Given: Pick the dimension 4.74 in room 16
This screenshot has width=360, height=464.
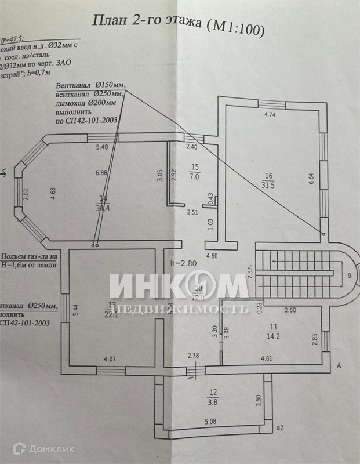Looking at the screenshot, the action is (x=270, y=115).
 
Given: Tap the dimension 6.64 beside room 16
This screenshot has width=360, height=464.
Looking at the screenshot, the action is (x=311, y=179).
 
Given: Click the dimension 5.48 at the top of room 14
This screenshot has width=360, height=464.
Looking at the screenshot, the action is (x=102, y=147).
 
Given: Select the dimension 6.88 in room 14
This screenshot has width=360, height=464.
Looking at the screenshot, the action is (x=102, y=173).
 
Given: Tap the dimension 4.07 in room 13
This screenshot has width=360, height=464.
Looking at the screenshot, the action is (x=109, y=359).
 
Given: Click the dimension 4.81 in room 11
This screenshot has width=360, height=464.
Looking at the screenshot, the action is (x=267, y=358).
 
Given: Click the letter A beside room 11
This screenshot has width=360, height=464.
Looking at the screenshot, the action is (x=339, y=366).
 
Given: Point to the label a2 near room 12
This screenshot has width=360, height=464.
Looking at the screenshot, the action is (x=280, y=428).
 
